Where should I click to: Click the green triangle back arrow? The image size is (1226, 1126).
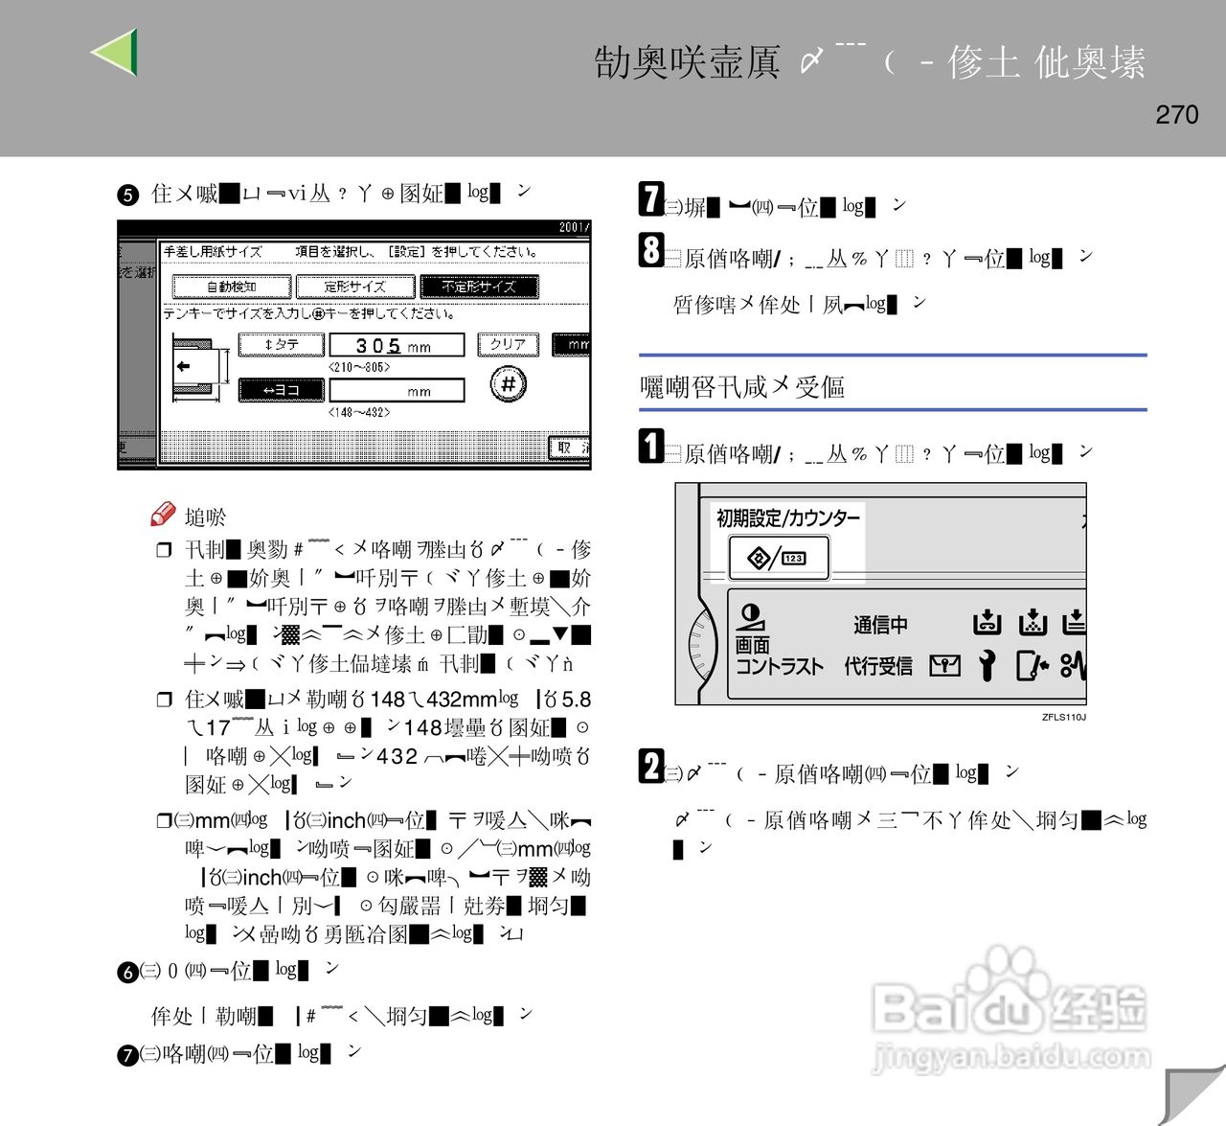click(x=116, y=53)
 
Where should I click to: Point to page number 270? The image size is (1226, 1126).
click(x=1176, y=115)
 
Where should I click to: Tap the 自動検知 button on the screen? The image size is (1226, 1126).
click(x=231, y=287)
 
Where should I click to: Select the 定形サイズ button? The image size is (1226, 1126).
click(x=354, y=287)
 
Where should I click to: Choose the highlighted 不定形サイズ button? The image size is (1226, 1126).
click(x=478, y=287)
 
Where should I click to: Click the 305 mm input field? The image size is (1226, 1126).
click(x=396, y=345)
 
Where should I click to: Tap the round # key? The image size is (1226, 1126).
click(x=509, y=384)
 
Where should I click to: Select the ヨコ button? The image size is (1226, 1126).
click(x=282, y=390)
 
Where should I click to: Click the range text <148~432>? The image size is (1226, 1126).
click(x=359, y=413)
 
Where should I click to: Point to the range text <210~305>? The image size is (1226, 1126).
click(x=359, y=367)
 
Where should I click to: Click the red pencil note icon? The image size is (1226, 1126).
click(x=163, y=515)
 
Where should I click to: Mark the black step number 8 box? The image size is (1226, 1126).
click(x=651, y=250)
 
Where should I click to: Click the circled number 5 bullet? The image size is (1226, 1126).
click(x=127, y=195)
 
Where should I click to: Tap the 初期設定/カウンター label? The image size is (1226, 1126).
click(x=787, y=518)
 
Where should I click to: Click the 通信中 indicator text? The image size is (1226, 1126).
click(x=880, y=626)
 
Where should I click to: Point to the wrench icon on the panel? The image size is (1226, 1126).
click(x=988, y=665)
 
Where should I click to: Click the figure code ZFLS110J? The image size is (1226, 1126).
click(x=1063, y=717)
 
